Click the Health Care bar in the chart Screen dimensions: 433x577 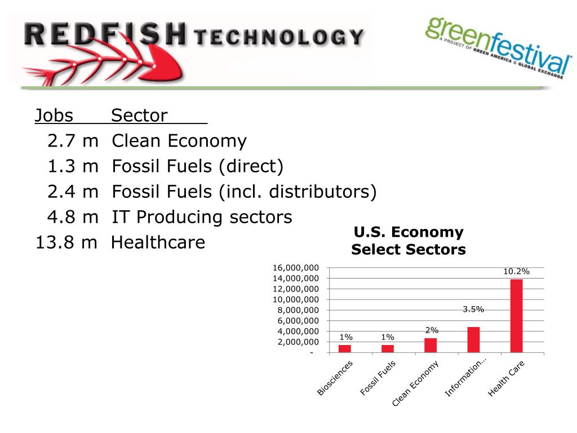click(x=516, y=316)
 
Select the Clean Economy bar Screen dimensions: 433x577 click(x=430, y=345)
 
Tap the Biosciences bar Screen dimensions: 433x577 click(x=345, y=348)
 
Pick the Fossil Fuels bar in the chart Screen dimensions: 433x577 click(x=388, y=348)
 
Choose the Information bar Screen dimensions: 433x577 click(x=473, y=339)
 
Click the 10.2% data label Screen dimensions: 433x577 click(x=516, y=272)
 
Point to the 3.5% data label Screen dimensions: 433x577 click(x=473, y=309)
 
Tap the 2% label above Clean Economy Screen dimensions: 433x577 click(x=432, y=330)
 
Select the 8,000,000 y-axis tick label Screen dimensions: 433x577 click(x=298, y=310)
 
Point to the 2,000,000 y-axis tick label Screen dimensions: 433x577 click(x=298, y=342)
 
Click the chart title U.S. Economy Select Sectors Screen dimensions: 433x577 click(x=409, y=241)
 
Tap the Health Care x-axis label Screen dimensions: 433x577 click(x=506, y=378)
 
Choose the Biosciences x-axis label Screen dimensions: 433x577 click(x=335, y=378)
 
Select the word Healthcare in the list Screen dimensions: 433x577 click(x=158, y=243)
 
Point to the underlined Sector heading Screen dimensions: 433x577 click(x=139, y=116)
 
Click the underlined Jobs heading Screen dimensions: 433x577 click(x=54, y=116)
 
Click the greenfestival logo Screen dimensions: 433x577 click(x=498, y=48)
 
